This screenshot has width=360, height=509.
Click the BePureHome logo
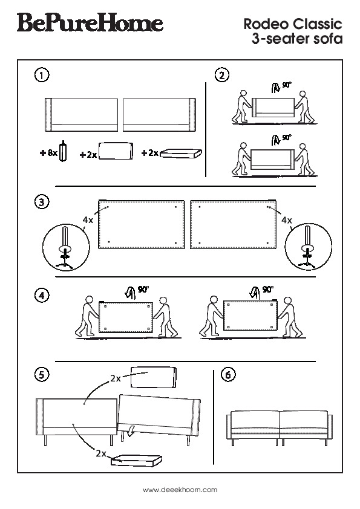pos(90,22)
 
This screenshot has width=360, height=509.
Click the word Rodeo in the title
pos(266,24)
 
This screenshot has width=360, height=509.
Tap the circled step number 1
pos(41,76)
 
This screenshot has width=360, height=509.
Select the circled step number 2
pos(222,76)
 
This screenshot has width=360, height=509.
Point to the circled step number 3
pos(41,202)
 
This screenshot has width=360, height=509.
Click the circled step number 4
pos(41,296)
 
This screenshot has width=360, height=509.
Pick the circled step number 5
pos(41,375)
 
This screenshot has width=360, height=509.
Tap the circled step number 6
pos(227,375)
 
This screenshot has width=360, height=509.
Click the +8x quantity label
pos(48,152)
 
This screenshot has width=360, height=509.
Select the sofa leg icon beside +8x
pos(64,151)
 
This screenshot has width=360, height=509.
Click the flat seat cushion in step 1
pos(181,153)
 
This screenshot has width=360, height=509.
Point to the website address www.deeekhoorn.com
pos(180,490)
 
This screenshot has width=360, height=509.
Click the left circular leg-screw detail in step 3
pos(66,247)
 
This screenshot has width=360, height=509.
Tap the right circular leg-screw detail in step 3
pos(309,247)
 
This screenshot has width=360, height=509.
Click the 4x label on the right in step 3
pos(287,221)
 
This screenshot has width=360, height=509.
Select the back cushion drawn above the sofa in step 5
pos(154,377)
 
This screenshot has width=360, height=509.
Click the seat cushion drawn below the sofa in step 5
pos(137,460)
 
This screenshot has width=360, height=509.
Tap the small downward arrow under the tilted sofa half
pos(131,430)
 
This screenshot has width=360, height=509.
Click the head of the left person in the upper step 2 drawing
pos(243,94)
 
